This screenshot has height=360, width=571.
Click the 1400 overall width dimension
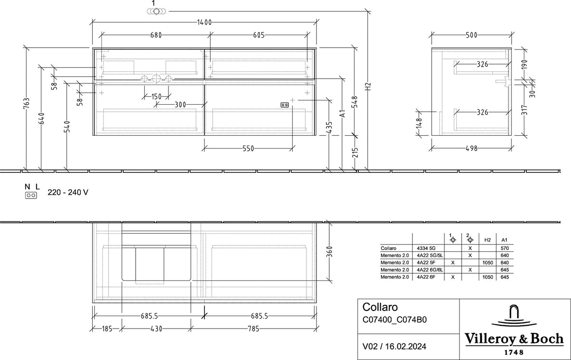click(x=205, y=22)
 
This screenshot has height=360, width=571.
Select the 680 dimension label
click(x=156, y=35)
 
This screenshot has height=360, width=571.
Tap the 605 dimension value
click(x=259, y=35)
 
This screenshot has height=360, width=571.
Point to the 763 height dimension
click(x=27, y=103)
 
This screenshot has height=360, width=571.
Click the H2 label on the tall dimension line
click(x=367, y=87)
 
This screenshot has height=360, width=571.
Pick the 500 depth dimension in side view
click(x=472, y=35)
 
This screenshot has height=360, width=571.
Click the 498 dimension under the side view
click(x=472, y=148)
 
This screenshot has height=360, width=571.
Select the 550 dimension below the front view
click(x=248, y=149)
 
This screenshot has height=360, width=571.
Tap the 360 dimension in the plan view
click(x=329, y=252)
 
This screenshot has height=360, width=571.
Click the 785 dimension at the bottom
click(x=254, y=329)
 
